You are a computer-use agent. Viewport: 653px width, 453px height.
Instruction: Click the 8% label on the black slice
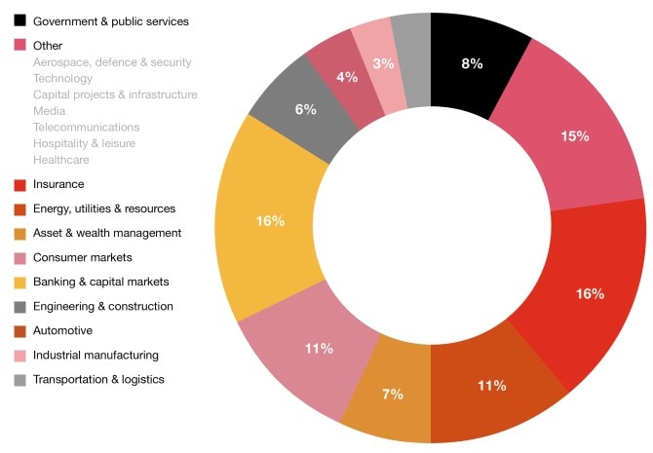[x=472, y=63]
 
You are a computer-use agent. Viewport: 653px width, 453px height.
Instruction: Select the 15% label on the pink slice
[x=574, y=136]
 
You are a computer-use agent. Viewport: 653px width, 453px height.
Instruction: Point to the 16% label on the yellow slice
[x=270, y=221]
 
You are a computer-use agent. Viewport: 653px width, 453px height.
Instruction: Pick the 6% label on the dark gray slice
[x=305, y=109]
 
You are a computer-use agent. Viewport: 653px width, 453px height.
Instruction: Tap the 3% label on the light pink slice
[x=383, y=63]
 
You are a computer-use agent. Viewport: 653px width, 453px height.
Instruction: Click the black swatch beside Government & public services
[x=19, y=20]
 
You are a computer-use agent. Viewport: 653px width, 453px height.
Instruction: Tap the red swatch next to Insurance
[x=19, y=184]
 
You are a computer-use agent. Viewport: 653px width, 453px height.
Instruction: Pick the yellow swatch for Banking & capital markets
[x=19, y=282]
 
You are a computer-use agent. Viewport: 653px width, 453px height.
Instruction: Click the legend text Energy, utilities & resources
[x=103, y=208]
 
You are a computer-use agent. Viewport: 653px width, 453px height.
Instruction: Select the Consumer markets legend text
[x=82, y=257]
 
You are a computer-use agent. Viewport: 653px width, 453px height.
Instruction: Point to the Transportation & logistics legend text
[x=98, y=379]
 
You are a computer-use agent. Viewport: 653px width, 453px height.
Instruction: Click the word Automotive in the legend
[x=63, y=330]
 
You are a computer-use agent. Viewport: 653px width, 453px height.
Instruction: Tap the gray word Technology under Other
[x=62, y=78]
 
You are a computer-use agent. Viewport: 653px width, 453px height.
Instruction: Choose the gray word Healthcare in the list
[x=61, y=160]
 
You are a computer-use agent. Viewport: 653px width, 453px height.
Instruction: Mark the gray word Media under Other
[x=49, y=111]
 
